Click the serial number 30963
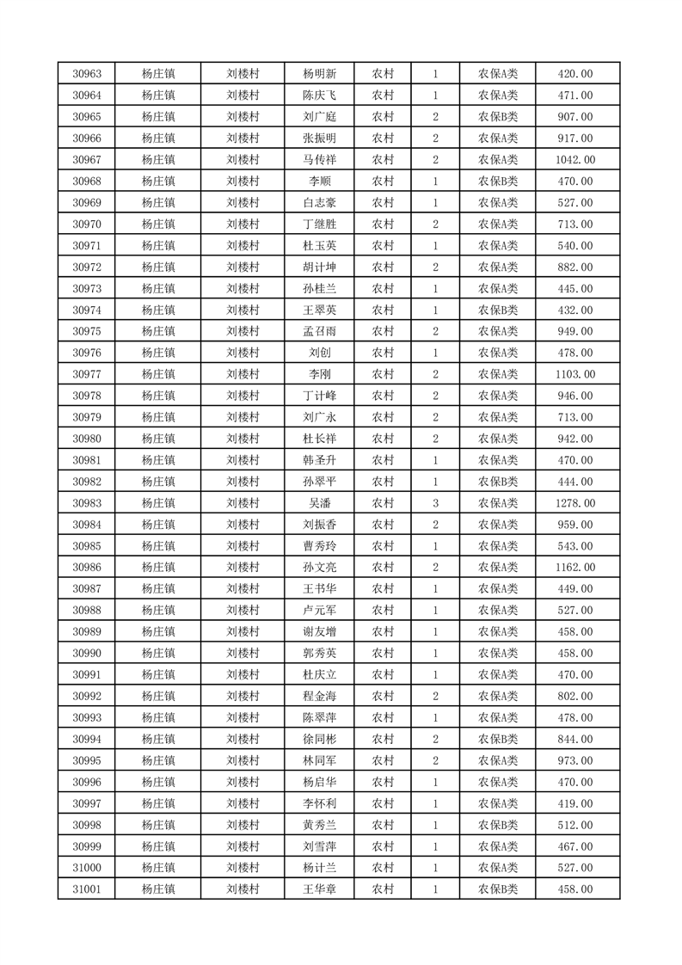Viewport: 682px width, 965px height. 87,74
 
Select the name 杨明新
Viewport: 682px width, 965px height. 320,74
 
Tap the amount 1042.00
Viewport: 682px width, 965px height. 575,160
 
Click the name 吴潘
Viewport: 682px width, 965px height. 320,503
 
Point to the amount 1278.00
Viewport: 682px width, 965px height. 575,503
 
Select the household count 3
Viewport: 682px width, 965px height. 436,503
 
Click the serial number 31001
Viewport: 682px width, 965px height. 87,889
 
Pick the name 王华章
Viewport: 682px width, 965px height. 320,889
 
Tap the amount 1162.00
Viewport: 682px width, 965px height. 575,568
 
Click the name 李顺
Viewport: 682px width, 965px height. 320,181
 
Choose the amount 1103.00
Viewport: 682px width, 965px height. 575,374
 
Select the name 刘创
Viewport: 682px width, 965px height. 320,353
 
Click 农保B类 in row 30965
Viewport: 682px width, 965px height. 498,117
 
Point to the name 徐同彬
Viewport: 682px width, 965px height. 320,739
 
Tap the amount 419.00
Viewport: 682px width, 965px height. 575,803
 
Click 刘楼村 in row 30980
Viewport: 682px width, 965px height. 243,439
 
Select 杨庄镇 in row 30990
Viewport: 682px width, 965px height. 158,653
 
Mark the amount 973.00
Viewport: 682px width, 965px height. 575,760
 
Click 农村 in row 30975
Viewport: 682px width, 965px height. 383,331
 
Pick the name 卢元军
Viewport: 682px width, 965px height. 320,611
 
